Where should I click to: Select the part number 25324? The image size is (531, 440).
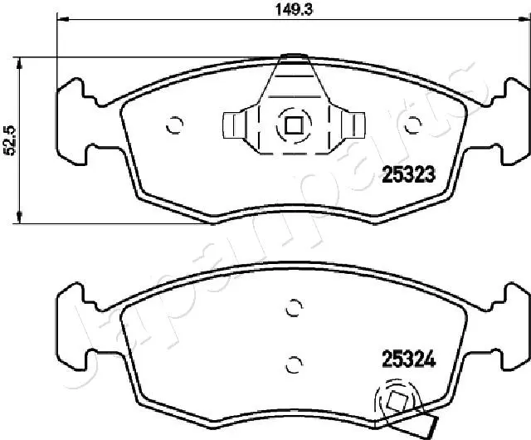408,359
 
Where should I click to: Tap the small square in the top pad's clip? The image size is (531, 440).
292,126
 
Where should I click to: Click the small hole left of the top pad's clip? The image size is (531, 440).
174,126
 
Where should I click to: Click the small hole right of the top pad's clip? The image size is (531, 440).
412,126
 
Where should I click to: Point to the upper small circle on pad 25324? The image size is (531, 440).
291,307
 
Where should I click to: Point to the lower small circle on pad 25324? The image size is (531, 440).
291,363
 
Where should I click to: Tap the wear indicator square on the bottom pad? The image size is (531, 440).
396,403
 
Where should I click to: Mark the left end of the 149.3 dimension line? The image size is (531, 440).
56,20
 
